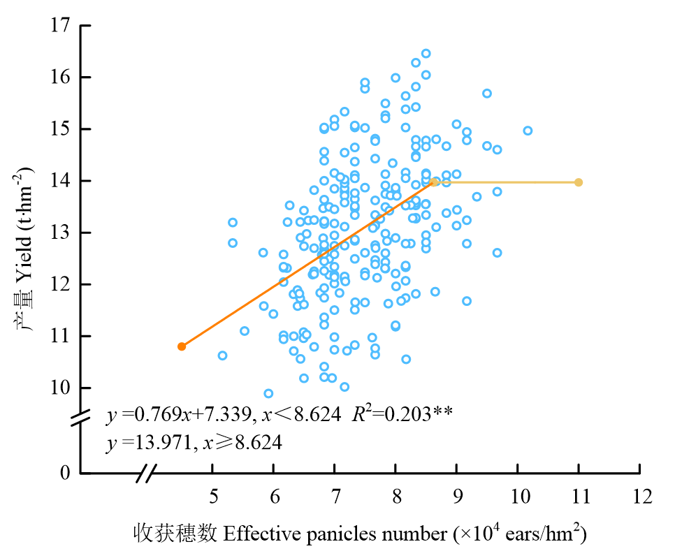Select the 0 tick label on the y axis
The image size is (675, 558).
point(66,473)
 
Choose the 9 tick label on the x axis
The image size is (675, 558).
point(458,497)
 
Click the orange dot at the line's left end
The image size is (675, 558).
point(182,346)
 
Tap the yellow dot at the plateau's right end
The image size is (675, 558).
point(579,182)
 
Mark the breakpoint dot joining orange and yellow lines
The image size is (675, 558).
point(434,182)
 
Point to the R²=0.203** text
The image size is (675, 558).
point(402,415)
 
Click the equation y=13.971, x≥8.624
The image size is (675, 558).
point(194,442)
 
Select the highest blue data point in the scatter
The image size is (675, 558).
point(426,54)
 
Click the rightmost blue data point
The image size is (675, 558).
point(528,131)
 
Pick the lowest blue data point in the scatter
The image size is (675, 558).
point(268,393)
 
